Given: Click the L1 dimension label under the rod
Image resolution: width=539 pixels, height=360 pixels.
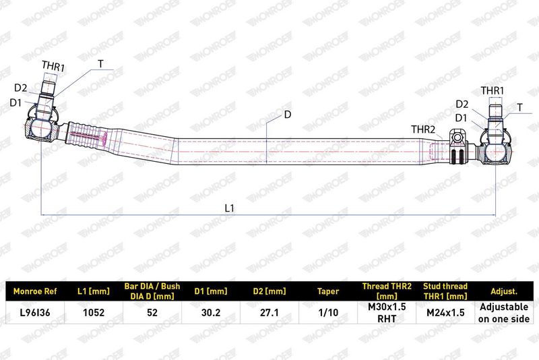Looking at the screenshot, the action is (x=229, y=208).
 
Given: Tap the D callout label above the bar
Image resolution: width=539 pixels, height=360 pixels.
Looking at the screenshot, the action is (x=288, y=115).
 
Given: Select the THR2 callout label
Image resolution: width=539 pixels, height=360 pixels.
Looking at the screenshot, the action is (x=423, y=129).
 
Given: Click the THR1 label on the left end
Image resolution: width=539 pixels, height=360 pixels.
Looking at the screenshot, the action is (x=53, y=66).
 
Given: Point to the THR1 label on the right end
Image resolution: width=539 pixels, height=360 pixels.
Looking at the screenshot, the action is (x=493, y=91).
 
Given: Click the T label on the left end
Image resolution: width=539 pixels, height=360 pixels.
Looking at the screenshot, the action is (x=100, y=64).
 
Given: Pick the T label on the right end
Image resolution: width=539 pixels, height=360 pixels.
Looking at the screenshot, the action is (x=519, y=108).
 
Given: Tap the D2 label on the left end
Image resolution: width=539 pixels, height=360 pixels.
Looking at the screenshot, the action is (x=20, y=88).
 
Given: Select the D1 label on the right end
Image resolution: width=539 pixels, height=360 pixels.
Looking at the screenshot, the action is (x=461, y=118).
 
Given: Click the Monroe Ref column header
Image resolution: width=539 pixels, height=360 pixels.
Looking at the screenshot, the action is (x=35, y=291).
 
